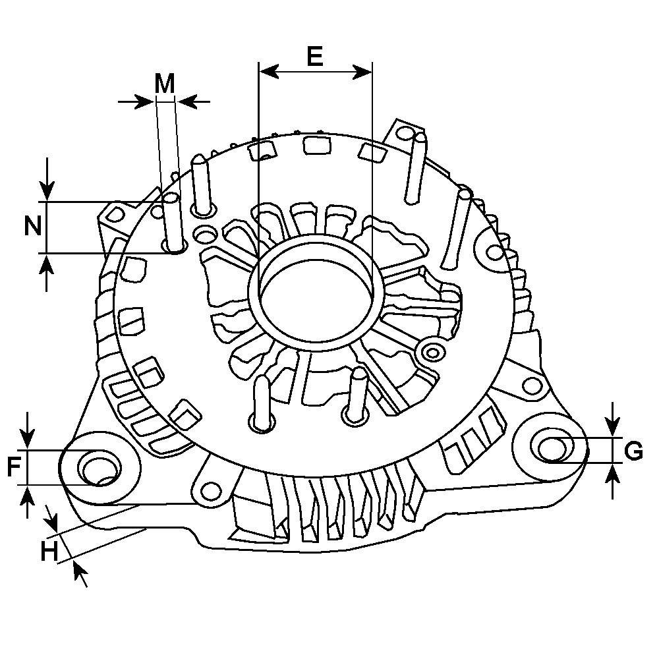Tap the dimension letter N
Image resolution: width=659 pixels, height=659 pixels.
coord(33,227)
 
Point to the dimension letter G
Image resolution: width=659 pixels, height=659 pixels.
coord(633,451)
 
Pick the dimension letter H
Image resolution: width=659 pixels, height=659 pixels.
coord(49,552)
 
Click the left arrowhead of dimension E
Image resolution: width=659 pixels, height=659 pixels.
coord(269,72)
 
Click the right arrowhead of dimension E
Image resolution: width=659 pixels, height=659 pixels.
coord(362,72)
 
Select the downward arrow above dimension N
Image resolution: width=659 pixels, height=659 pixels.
coord(47,179)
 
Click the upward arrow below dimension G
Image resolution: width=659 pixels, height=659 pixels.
coord(614,481)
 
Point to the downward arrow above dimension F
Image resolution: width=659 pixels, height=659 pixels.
coord(27,430)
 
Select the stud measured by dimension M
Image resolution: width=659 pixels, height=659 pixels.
coord(173,223)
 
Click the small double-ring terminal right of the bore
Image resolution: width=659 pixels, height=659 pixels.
coord(432,352)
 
